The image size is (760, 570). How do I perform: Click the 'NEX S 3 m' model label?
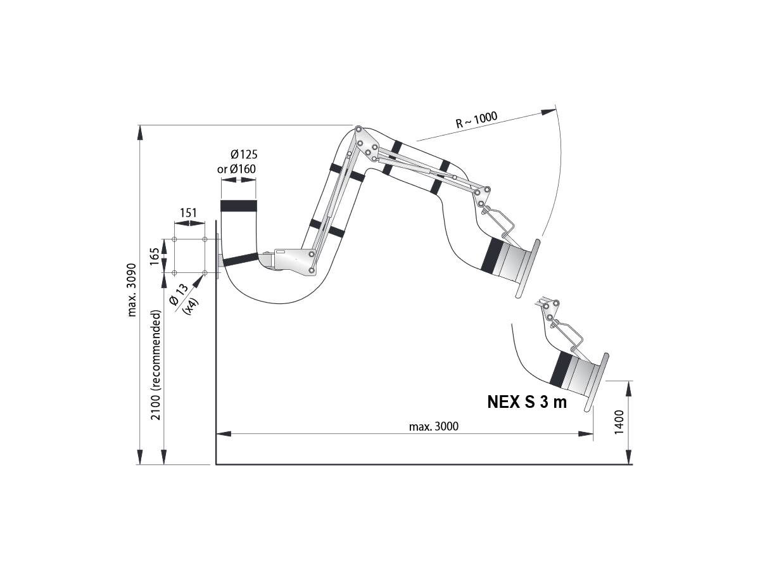[527, 402]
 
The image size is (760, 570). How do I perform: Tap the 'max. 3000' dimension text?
[433, 426]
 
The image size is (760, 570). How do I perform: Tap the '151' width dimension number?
[189, 213]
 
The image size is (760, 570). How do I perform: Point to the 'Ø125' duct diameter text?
[244, 155]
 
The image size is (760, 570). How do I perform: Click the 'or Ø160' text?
[237, 169]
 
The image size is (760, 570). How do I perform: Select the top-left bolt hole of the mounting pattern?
[174, 240]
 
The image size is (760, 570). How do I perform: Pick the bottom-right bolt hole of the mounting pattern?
[205, 273]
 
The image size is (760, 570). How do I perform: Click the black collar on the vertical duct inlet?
[239, 206]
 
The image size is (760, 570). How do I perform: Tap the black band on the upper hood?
[492, 256]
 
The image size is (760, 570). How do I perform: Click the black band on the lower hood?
[560, 369]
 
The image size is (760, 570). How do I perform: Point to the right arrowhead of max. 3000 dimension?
[588, 434]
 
